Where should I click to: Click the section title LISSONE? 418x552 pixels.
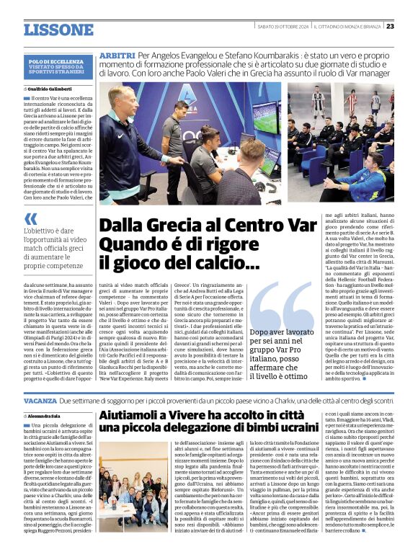pyautogui.click(x=58, y=30)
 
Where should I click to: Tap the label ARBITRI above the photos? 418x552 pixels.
pyautogui.click(x=116, y=55)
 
